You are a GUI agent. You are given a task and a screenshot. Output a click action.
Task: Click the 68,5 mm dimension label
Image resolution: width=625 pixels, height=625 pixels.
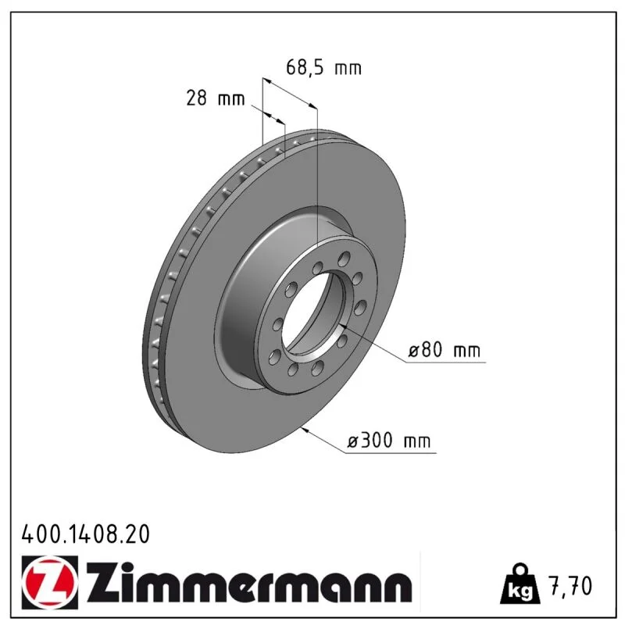click(x=323, y=67)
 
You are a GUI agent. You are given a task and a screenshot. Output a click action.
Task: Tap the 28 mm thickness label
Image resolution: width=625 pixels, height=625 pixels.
click(x=216, y=98)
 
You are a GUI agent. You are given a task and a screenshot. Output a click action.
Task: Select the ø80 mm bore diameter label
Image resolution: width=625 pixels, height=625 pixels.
click(x=445, y=350)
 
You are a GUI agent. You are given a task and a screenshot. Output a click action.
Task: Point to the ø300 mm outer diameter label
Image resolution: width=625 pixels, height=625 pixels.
click(x=388, y=441)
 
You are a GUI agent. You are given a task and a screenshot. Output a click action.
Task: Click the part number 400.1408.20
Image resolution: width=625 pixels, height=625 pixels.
click(x=86, y=534)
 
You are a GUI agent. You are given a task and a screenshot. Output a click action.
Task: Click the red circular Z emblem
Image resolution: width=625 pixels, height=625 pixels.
click(x=48, y=583)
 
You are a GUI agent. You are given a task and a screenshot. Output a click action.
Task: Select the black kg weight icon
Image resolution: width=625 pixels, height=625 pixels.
click(x=520, y=584)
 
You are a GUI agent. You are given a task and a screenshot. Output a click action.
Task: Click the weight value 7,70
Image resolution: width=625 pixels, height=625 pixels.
click(x=571, y=586)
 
